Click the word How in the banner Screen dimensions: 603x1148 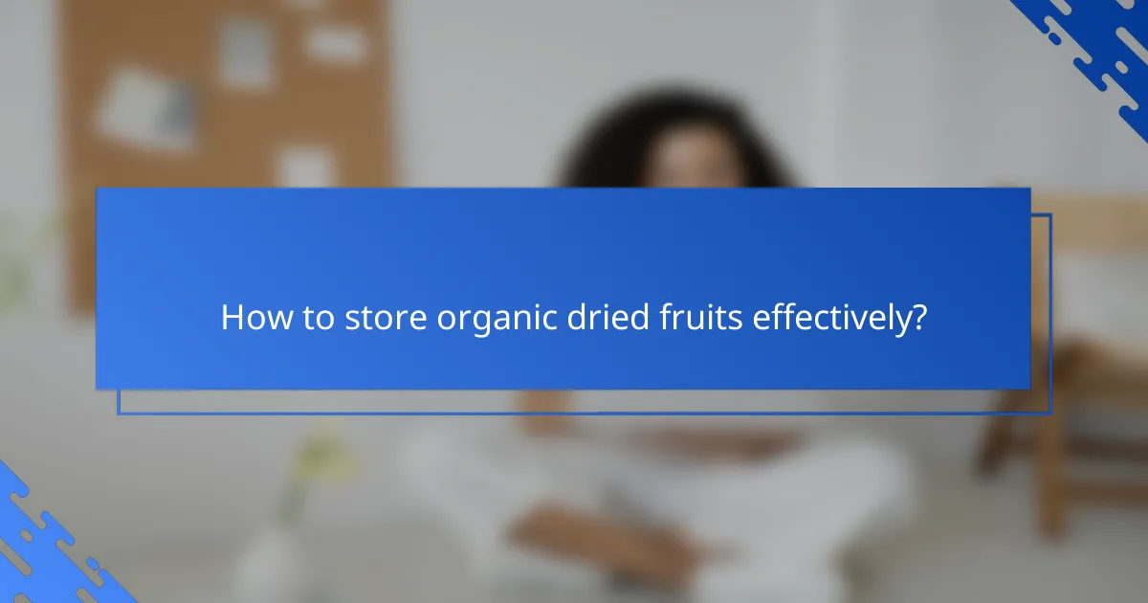[x=250, y=318]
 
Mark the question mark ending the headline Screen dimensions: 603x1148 [x=919, y=318]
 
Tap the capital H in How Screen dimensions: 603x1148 [x=231, y=318]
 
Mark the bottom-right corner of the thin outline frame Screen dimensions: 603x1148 [x=1050, y=413]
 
